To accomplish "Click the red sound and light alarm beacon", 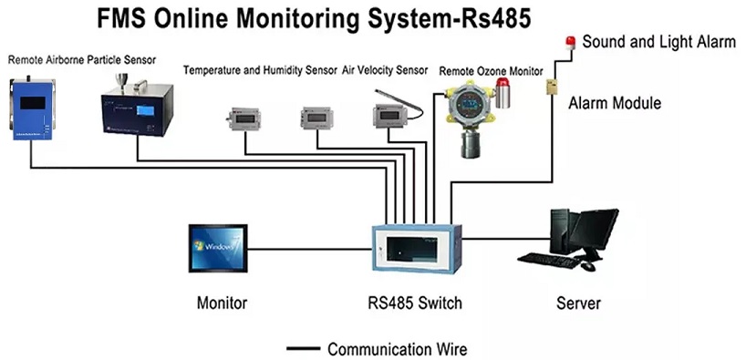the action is coord(569,42).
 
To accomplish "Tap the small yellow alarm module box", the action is coord(552,86).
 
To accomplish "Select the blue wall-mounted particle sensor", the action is coord(32,110).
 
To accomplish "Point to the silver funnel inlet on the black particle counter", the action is coord(123,82).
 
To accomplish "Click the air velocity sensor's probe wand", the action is coord(399,104).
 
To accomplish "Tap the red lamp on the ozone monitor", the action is coord(503,86).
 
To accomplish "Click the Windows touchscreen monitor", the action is coord(218,248).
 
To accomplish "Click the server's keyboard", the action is coord(549,260).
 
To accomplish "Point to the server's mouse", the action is coord(588,266).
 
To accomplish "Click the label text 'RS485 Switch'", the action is coord(415,303).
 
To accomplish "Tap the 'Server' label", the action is coord(578,303).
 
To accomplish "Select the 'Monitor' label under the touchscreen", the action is coord(223,303).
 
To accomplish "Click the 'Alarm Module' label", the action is coord(615,103).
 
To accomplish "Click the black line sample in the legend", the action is coord(304,349).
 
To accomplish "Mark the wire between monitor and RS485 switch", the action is coord(310,249).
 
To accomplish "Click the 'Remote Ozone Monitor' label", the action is coord(491,71).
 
